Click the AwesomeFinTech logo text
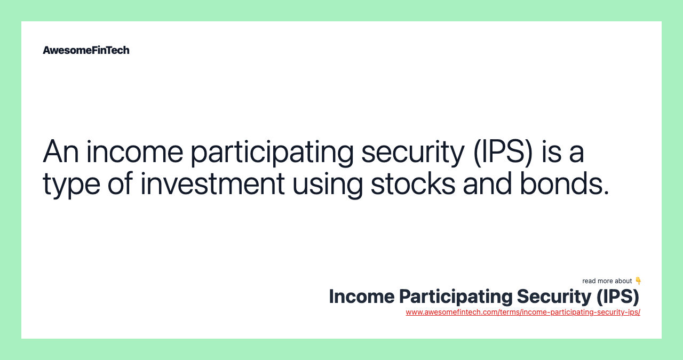86,50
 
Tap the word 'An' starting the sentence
60,151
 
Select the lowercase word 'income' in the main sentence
134,151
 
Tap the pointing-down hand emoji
638,281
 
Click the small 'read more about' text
607,281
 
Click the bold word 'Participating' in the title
455,297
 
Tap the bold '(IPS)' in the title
617,297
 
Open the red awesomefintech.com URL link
523,312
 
